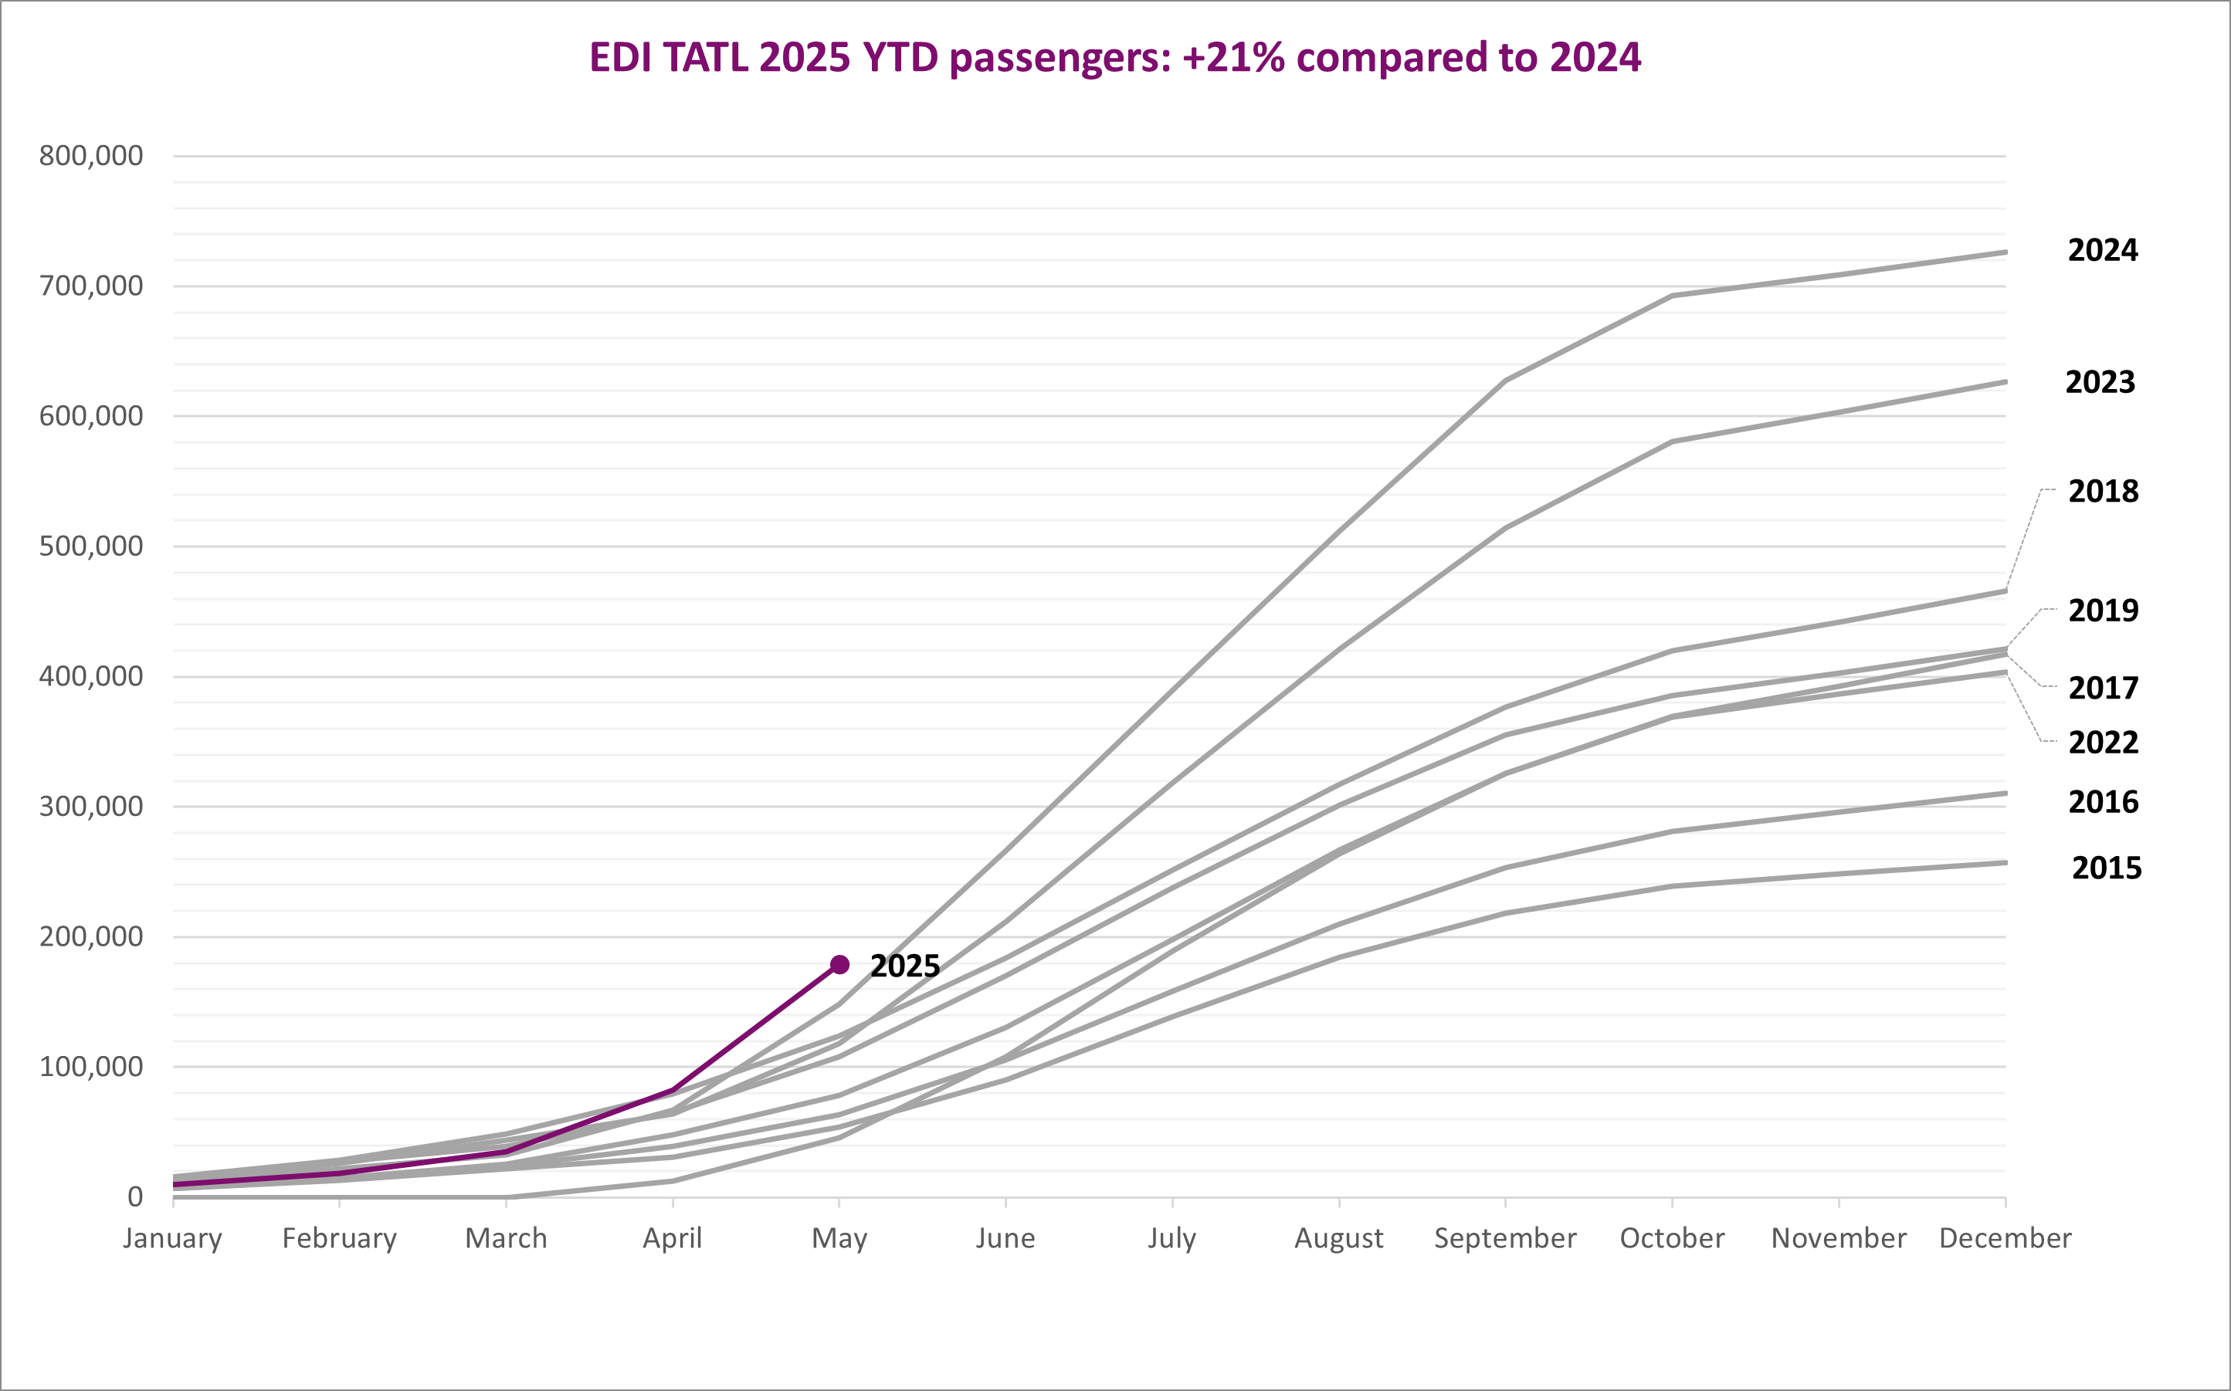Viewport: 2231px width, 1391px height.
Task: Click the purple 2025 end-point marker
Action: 839,964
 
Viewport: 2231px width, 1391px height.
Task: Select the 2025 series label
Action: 905,966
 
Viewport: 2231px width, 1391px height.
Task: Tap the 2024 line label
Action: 2103,250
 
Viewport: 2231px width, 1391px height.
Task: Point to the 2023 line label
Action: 2100,382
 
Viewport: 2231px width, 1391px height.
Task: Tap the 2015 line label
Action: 2107,868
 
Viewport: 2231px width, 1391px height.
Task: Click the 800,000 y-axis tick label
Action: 91,155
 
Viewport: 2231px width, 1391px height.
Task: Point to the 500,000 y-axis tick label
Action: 91,546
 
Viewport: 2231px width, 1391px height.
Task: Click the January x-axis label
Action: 173,1238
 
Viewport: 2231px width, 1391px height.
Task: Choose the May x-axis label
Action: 839,1239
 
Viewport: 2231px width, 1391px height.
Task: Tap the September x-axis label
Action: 1506,1239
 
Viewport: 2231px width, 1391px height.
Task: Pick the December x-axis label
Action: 2006,1238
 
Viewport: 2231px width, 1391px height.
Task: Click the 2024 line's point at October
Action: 1673,296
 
